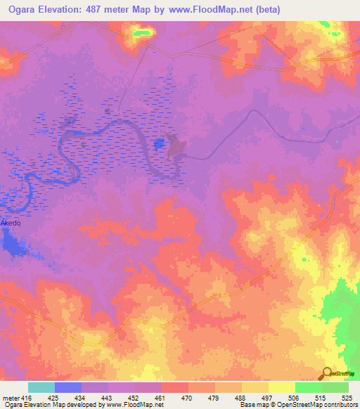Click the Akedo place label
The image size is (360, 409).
11,223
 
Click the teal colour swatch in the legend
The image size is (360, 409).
41,387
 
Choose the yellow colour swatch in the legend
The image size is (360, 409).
281,387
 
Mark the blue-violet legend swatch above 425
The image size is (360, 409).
68,387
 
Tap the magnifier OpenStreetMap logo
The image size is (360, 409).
328,373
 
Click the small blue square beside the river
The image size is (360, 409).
160,144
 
